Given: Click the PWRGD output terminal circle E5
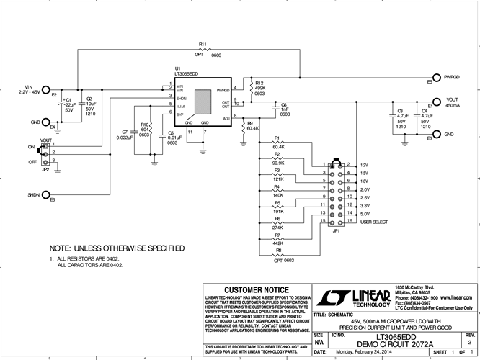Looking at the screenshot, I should click(x=435, y=76).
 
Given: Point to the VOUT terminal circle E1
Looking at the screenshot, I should click(x=435, y=101).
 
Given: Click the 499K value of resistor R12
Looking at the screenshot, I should click(x=260, y=88).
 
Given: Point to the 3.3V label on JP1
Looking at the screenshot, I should click(x=365, y=206).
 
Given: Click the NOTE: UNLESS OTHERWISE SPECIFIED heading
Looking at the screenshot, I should click(x=116, y=248).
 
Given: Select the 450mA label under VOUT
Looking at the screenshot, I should click(x=453, y=106).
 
